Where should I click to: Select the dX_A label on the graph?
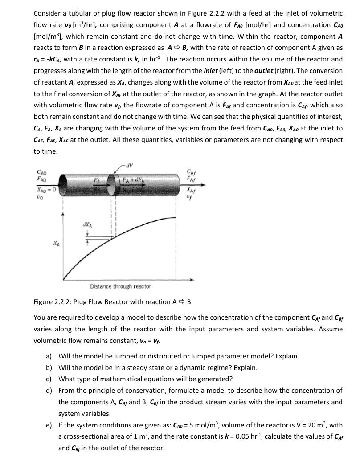click(x=87, y=225)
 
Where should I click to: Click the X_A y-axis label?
click(x=55, y=244)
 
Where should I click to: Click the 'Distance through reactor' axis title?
click(x=120, y=286)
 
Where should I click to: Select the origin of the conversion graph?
click(x=64, y=280)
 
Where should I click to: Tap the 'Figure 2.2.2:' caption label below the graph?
click(x=52, y=302)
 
